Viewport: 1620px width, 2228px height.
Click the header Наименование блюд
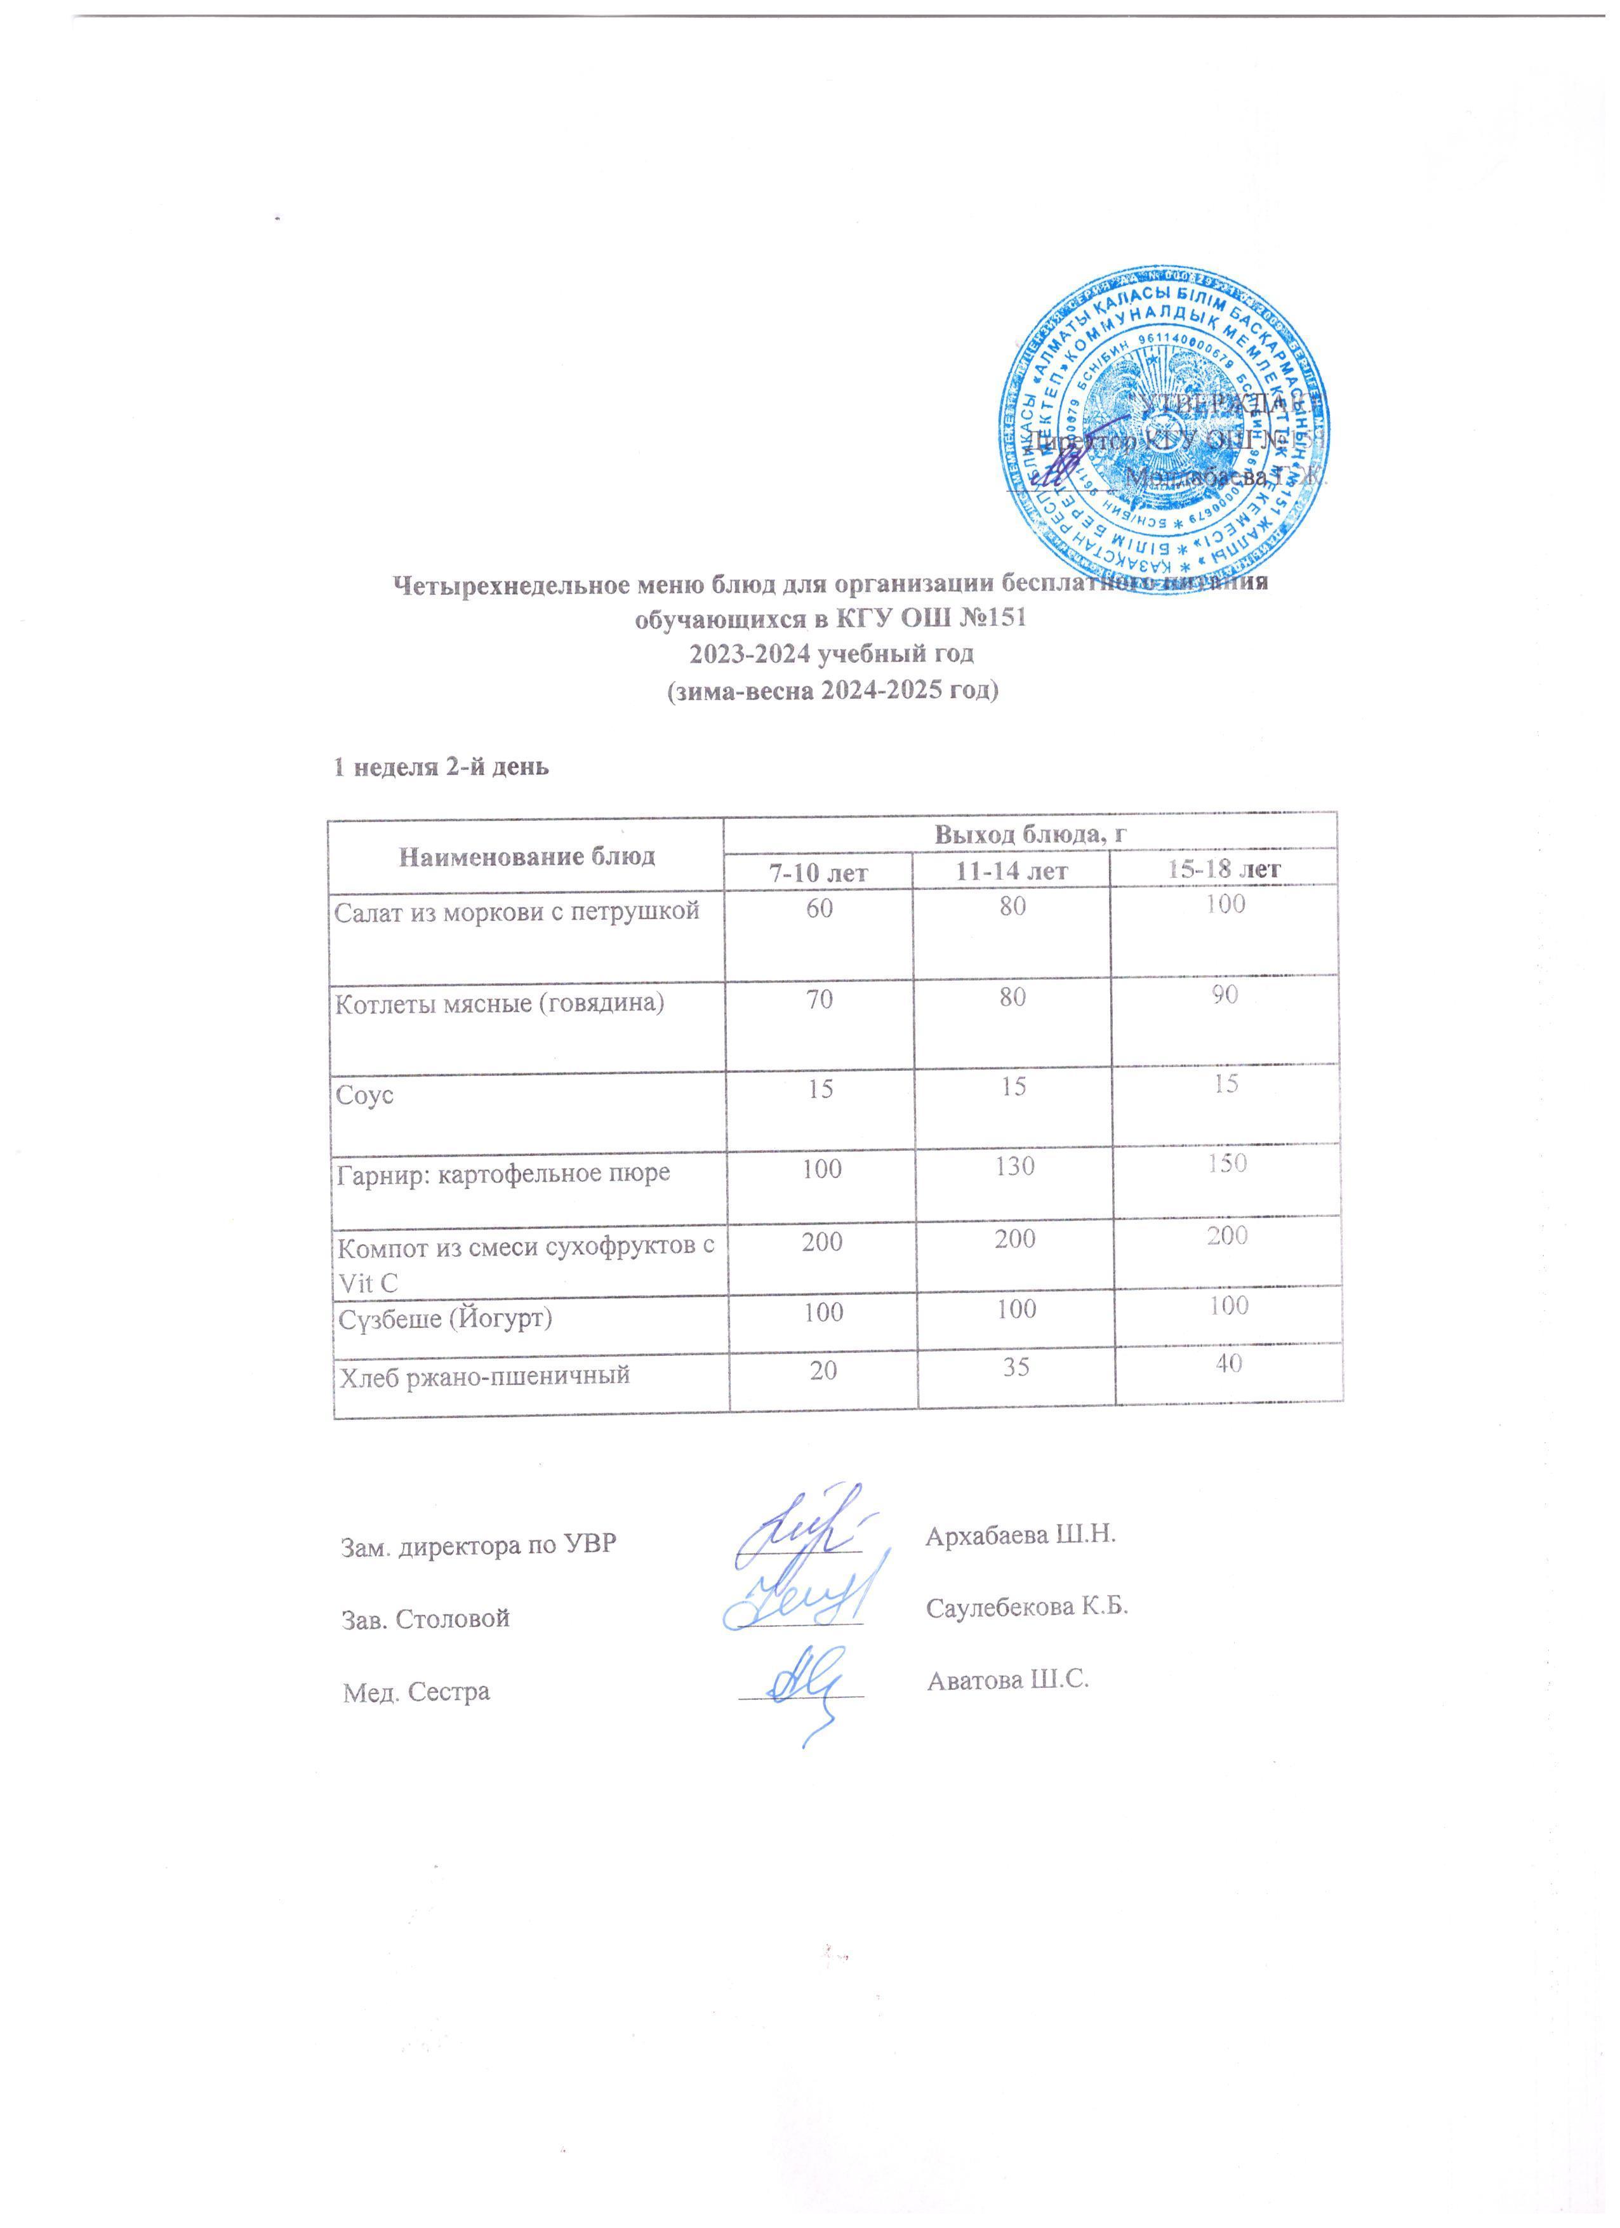(x=527, y=856)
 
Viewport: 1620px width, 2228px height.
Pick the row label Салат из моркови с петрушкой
(x=518, y=912)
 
